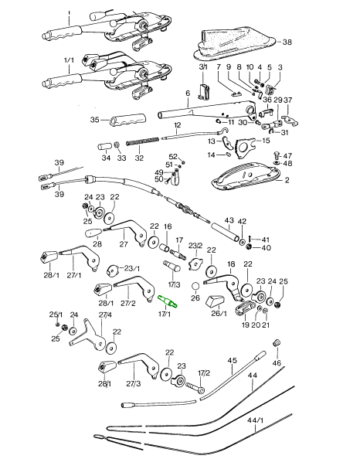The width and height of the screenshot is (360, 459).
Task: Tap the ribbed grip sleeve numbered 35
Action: pos(127,121)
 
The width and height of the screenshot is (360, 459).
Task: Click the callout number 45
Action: pos(231,361)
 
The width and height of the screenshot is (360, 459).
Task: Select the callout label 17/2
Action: pos(203,373)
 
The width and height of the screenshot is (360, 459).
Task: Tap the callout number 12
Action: pos(177,125)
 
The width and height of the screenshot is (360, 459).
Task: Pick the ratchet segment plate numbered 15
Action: pos(245,144)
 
